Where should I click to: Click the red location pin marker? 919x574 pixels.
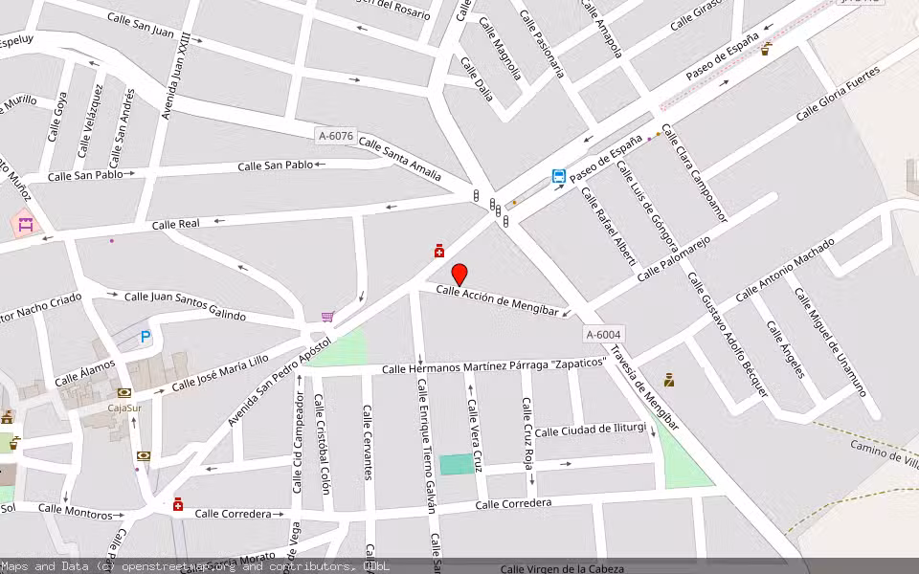(x=459, y=275)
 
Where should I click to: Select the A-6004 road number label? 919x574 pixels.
(x=604, y=334)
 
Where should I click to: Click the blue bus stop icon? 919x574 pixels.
(x=558, y=176)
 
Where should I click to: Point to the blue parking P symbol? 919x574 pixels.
(x=146, y=336)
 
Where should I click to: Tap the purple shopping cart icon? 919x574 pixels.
(x=327, y=317)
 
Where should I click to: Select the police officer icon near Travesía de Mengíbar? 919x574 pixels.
(x=668, y=380)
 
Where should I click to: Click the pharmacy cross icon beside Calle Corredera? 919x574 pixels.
(x=178, y=504)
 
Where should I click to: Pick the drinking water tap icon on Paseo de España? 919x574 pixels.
(x=766, y=49)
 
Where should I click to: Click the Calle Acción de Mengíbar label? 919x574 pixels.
(x=497, y=300)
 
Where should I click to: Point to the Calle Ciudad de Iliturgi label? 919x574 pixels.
(x=591, y=430)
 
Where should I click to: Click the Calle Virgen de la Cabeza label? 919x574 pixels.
(x=562, y=568)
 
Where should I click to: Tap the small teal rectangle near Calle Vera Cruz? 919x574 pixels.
(x=457, y=464)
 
